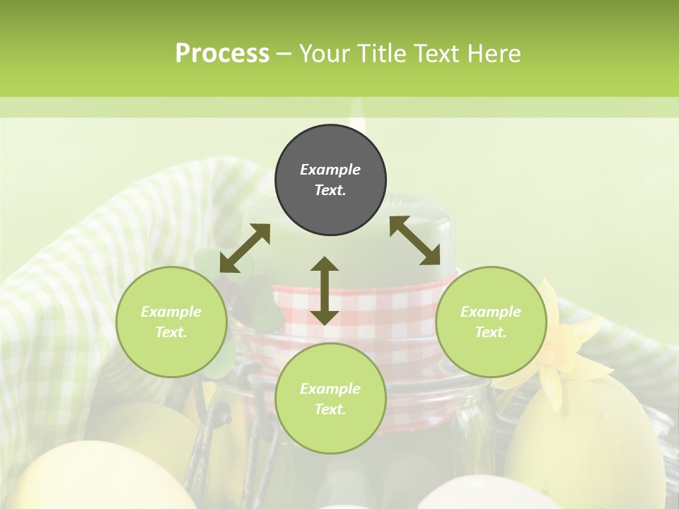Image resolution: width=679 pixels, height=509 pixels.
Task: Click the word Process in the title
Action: tap(222, 54)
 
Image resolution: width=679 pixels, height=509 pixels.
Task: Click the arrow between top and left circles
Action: tap(245, 248)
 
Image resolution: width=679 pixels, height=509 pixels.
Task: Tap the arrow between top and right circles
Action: tap(415, 240)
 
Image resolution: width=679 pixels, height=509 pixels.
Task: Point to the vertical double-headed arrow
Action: tap(325, 291)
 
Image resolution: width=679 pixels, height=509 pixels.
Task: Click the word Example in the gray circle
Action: tap(330, 170)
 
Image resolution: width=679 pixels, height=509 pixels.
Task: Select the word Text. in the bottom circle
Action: tap(330, 409)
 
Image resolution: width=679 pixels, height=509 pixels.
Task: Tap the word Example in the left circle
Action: tap(171, 312)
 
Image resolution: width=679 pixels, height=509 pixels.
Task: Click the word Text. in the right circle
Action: tap(491, 332)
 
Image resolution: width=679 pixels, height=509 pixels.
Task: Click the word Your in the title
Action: tap(325, 54)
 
